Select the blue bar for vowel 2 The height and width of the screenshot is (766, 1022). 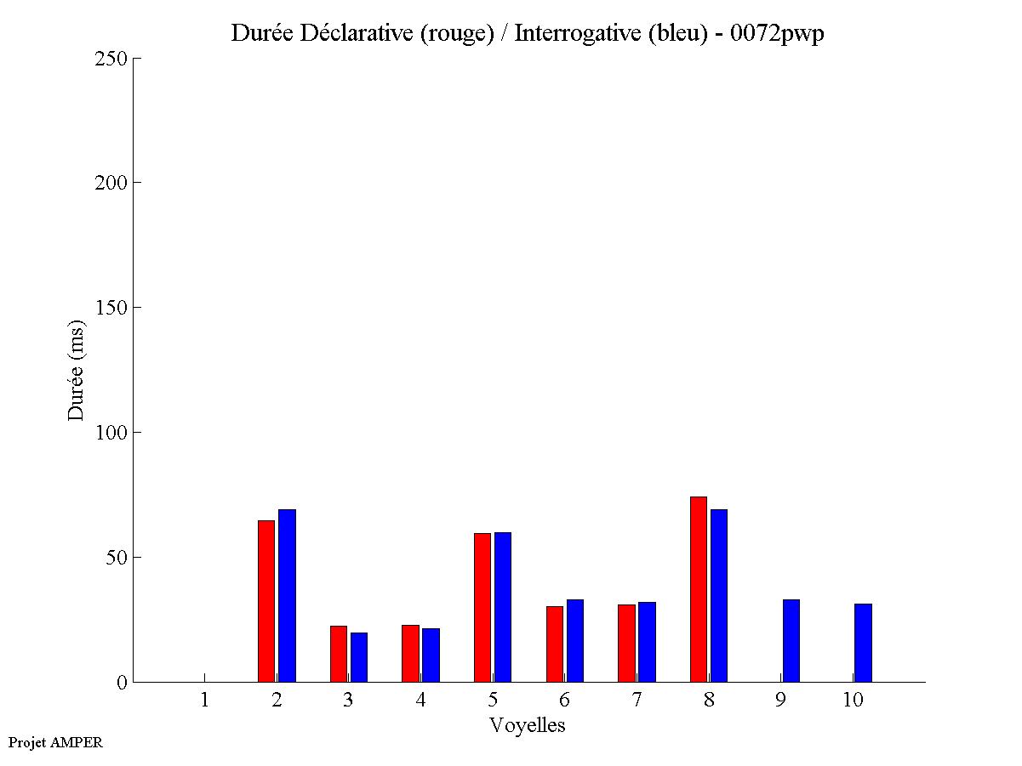point(287,595)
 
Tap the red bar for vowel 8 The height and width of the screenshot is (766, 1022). point(699,589)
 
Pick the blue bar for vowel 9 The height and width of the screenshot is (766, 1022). point(791,640)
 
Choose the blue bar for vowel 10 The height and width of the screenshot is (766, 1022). point(863,643)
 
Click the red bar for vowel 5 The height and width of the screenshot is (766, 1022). point(482,607)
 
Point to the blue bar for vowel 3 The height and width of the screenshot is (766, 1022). point(359,657)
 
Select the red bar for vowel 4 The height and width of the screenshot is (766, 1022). point(410,653)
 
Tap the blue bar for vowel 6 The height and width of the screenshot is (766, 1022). point(575,640)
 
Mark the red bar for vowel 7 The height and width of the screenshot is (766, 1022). point(626,643)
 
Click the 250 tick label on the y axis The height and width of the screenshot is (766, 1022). point(111,59)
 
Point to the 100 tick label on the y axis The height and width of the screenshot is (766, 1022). point(111,433)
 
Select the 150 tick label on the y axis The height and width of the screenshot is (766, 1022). point(111,308)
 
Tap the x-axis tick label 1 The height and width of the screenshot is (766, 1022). point(204,700)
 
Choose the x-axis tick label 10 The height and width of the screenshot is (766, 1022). point(853,700)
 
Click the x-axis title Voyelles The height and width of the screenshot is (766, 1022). point(528,725)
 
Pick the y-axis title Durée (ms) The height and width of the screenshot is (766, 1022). point(77,370)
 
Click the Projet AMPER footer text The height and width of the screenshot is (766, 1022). point(55,742)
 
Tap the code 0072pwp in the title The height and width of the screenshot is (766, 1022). point(777,34)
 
